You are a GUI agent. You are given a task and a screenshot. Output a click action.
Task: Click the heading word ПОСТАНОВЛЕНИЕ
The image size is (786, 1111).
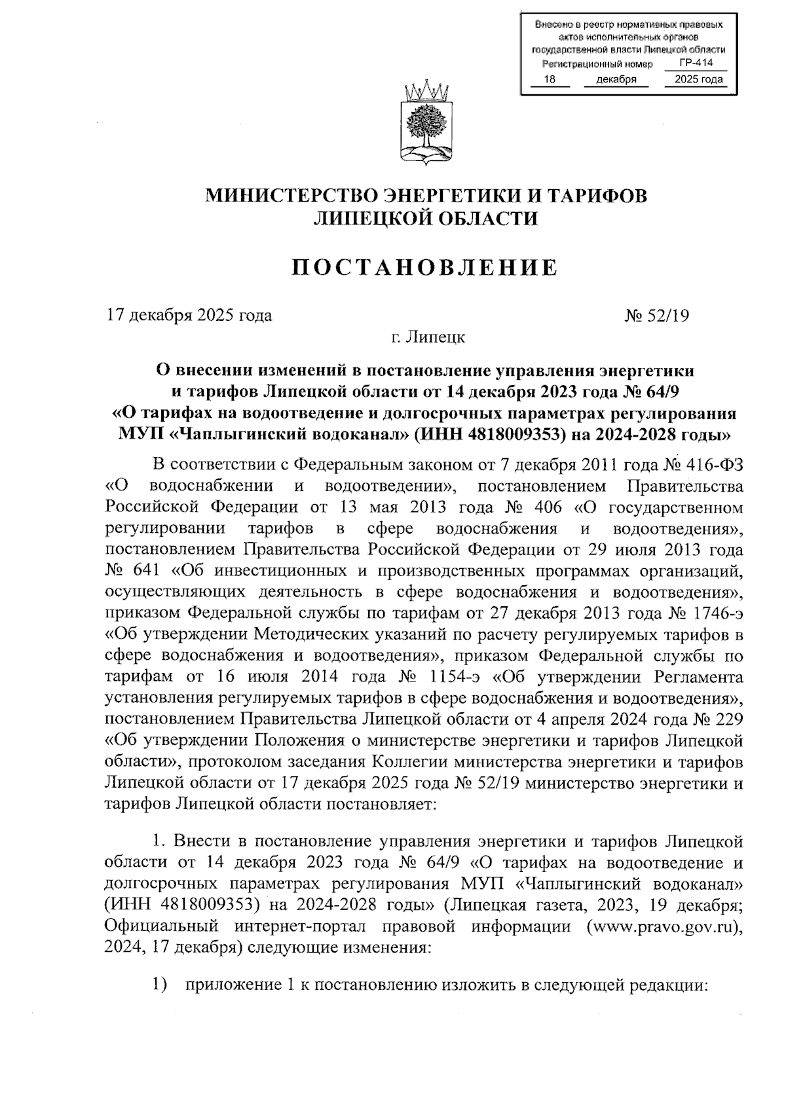pyautogui.click(x=425, y=267)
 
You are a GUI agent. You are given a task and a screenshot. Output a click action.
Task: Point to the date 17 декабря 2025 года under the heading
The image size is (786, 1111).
pyautogui.click(x=189, y=316)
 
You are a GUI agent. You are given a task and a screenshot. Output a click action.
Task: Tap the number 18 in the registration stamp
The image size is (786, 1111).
pyautogui.click(x=550, y=80)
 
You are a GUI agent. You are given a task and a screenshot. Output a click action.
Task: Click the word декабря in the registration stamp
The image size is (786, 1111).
pyautogui.click(x=616, y=80)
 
